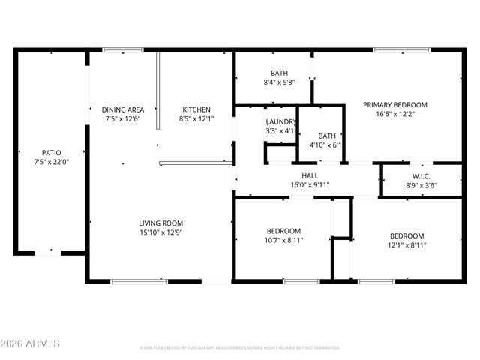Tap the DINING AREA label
[x=123, y=109]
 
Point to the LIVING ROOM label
[x=160, y=223]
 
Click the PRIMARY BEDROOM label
[x=395, y=105]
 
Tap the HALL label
[x=310, y=175]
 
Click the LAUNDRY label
[x=281, y=121]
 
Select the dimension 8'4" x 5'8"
[x=279, y=82]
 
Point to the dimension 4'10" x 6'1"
[x=326, y=145]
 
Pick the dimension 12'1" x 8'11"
[x=407, y=244]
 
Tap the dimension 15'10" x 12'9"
[x=160, y=232]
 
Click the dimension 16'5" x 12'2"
[x=395, y=115]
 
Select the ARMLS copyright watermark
[x=31, y=343]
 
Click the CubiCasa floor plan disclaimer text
[x=240, y=348]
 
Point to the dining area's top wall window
[x=123, y=50]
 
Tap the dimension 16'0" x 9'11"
[x=310, y=185]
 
